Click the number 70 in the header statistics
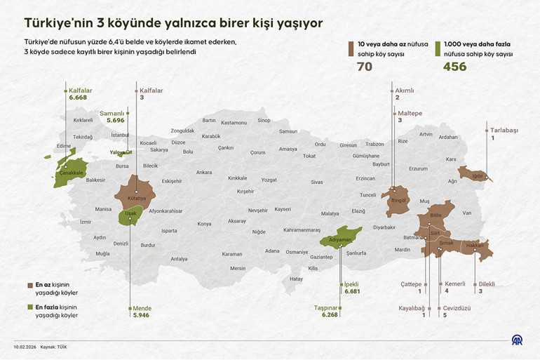[x=365, y=67]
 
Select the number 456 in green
[x=454, y=67]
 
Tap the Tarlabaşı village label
[x=504, y=131]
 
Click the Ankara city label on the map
[x=204, y=172]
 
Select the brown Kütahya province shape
[x=137, y=190]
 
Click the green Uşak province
[x=128, y=215]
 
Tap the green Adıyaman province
[x=341, y=239]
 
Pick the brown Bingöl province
[x=398, y=201]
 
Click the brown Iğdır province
[x=474, y=174]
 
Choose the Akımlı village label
[x=405, y=91]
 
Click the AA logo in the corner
[x=516, y=341]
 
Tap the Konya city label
[x=204, y=224]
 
